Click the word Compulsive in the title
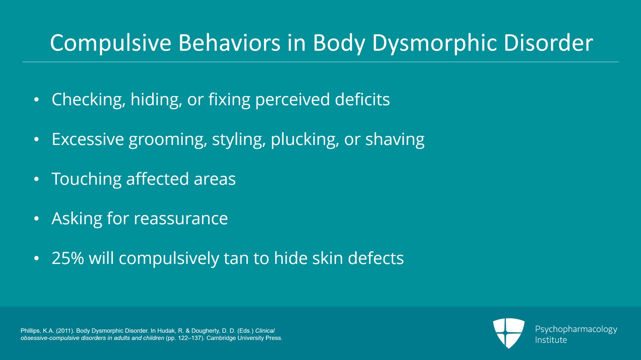pos(111,43)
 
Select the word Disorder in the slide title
pos(548,42)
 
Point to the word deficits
pos(362,99)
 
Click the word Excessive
pos(88,139)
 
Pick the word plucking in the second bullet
pos(305,140)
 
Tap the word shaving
pos(395,139)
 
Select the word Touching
pos(86,179)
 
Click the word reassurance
pos(181,219)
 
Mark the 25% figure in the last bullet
pos(68,258)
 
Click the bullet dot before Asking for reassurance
pos(36,219)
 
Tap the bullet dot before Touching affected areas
pos(36,179)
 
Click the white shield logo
pos(508,333)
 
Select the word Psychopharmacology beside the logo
pos(576,329)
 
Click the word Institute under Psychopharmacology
pos(551,340)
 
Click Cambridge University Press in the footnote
pos(244,338)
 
